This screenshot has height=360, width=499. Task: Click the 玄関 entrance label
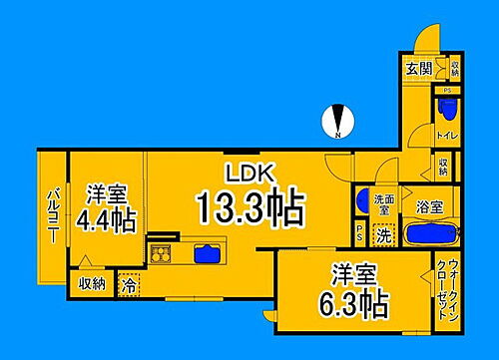click(419, 69)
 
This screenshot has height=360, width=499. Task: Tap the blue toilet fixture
click(445, 108)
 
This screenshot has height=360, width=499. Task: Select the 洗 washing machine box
click(383, 235)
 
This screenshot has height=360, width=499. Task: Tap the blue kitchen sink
click(207, 252)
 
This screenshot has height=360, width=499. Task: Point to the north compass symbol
click(338, 124)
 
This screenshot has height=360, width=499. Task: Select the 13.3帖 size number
click(249, 207)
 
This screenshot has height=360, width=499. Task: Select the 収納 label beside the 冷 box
click(93, 284)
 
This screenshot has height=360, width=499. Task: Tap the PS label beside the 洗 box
click(360, 235)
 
